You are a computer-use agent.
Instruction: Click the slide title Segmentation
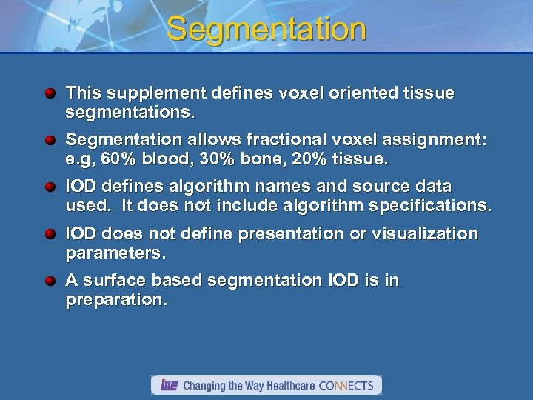(x=266, y=30)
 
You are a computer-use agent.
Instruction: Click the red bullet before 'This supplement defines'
(x=50, y=94)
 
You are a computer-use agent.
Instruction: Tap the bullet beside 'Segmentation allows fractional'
(x=50, y=141)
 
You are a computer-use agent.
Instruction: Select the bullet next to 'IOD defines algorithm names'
(x=50, y=187)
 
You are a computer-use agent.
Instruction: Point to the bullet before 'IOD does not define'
(x=50, y=235)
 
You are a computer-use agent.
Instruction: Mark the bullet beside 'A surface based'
(x=50, y=281)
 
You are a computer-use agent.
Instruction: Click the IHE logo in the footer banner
(x=169, y=385)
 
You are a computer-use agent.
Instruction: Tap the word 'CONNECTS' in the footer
(x=348, y=385)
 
